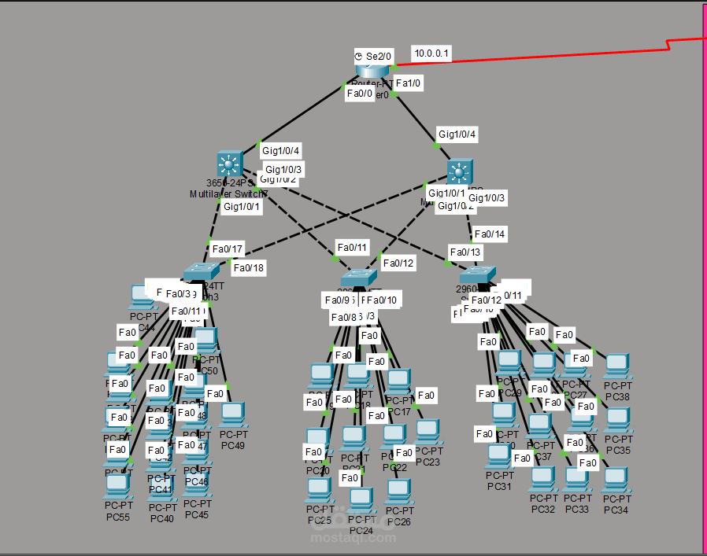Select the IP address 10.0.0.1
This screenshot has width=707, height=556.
click(x=432, y=53)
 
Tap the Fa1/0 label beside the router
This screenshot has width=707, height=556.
click(x=409, y=83)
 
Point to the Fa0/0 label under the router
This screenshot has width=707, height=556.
click(x=360, y=94)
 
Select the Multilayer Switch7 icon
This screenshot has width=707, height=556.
click(x=229, y=165)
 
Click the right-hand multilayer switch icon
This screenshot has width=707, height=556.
click(x=460, y=172)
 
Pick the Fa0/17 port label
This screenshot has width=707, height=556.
click(x=228, y=249)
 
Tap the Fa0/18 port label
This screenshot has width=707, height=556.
click(x=249, y=267)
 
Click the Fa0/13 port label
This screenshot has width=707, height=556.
click(x=465, y=252)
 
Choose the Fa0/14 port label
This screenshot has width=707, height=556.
click(x=489, y=234)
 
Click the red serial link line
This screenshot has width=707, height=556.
click(x=551, y=53)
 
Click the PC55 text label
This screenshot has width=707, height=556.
click(x=117, y=517)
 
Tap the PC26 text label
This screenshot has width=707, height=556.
click(x=399, y=521)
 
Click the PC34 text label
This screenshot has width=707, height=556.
click(x=616, y=510)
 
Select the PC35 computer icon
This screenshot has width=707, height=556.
click(x=618, y=418)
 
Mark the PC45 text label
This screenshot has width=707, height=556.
click(x=197, y=515)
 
